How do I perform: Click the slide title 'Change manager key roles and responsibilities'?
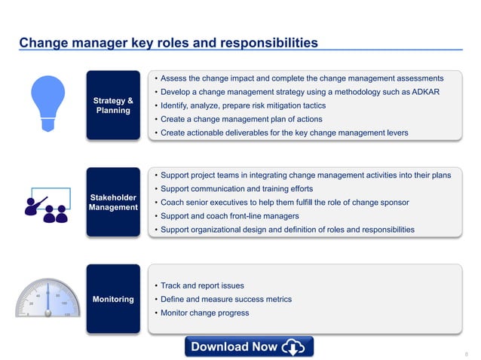tap(168, 43)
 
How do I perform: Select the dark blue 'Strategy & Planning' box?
tap(112, 105)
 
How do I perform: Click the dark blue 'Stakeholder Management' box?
tap(112, 203)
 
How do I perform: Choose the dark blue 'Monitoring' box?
tap(112, 299)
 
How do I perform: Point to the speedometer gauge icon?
tap(47, 299)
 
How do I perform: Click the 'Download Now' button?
tap(249, 346)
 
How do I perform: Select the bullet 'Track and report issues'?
tap(202, 285)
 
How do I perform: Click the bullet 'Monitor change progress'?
tap(204, 313)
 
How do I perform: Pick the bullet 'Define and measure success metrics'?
tap(225, 299)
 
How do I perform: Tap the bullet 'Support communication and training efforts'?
tap(236, 188)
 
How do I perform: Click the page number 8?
tap(467, 352)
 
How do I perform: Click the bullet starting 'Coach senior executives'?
tap(284, 202)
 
